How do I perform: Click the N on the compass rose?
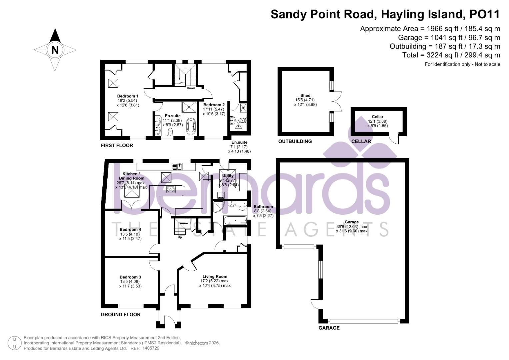tap(55, 50)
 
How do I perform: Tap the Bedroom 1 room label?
tap(128, 96)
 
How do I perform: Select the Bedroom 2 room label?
tap(214, 105)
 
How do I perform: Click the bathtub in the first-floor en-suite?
tap(191, 127)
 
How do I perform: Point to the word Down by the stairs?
tap(191, 88)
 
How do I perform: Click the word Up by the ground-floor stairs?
tap(180, 237)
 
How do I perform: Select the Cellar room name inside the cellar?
tap(377, 117)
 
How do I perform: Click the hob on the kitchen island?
tap(171, 190)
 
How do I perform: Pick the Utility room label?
tap(228, 176)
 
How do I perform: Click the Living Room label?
tap(215, 276)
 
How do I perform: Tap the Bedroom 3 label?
tap(130, 277)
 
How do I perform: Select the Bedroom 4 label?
tap(130, 229)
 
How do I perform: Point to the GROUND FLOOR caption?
tap(120, 314)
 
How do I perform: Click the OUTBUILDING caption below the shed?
tap(295, 141)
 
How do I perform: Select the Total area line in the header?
tap(451, 55)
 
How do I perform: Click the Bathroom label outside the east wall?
tap(263, 207)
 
